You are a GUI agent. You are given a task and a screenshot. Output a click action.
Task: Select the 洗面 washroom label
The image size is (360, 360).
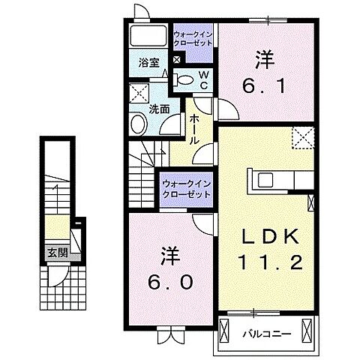(158, 108)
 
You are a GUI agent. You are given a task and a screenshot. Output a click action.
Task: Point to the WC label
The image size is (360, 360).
(203, 77)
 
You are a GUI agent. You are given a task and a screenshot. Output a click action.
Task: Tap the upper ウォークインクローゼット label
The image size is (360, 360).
(193, 37)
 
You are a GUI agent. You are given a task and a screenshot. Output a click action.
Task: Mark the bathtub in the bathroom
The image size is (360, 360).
(147, 36)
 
